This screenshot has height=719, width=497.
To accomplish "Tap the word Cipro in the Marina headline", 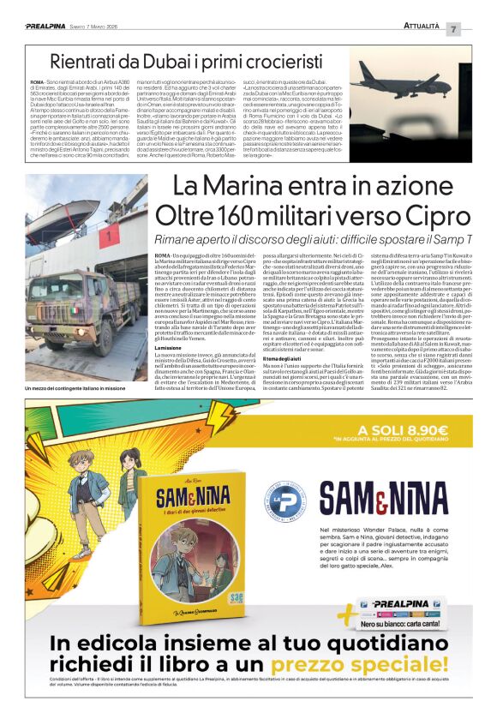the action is click(433, 214).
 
